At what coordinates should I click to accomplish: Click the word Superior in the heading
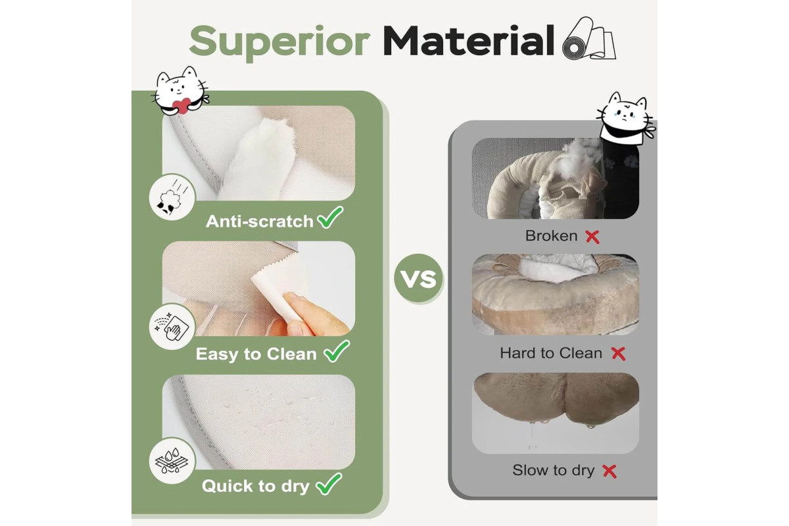coord(279,42)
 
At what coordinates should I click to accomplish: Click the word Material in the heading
coord(469,41)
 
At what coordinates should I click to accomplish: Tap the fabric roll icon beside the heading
coord(589,39)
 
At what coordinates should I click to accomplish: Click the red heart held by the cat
coord(181,106)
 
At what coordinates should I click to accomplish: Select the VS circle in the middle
coord(418,278)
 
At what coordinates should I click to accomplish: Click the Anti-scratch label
coord(260,222)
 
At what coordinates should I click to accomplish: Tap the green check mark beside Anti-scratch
coord(330,217)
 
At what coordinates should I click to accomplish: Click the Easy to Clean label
coord(256,354)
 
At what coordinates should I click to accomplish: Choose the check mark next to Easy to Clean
coord(337,351)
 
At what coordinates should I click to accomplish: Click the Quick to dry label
coord(255,486)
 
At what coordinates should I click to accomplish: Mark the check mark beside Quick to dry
coord(329,484)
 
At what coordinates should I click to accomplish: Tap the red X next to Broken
coord(592,237)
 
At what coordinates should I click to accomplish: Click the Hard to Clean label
coord(551,353)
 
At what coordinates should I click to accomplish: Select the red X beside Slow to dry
coord(610,471)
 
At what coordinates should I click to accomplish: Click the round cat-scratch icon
coord(172,197)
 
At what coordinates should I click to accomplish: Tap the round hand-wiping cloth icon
coord(172,327)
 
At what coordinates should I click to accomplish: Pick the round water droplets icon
coord(172,460)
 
